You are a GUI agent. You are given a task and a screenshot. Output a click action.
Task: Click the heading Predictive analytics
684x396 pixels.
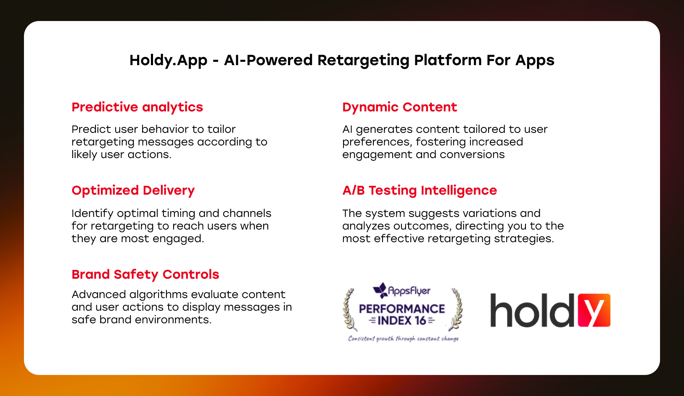137,108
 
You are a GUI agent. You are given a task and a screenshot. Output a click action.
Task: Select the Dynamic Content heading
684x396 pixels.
399,108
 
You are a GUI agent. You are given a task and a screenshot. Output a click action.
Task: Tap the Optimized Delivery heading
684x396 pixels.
133,190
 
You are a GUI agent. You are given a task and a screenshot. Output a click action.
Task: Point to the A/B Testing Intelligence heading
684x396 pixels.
420,190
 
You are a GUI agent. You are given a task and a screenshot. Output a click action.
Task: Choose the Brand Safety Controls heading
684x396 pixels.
145,274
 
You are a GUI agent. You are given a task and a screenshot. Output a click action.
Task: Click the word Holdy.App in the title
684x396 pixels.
168,61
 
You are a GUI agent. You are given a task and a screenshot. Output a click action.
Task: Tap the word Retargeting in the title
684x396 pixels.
363,61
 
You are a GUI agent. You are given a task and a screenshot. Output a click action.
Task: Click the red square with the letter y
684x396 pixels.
594,310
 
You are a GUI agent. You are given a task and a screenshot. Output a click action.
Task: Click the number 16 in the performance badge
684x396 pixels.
420,321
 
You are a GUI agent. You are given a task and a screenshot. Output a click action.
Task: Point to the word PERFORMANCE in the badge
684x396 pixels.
402,309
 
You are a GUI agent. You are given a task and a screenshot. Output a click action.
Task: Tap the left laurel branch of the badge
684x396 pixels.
350,310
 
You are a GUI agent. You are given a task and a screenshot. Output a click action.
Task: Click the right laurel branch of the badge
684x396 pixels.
456,309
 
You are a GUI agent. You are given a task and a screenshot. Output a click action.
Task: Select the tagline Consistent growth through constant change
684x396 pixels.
403,338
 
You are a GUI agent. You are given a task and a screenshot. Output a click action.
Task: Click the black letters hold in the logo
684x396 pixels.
532,310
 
